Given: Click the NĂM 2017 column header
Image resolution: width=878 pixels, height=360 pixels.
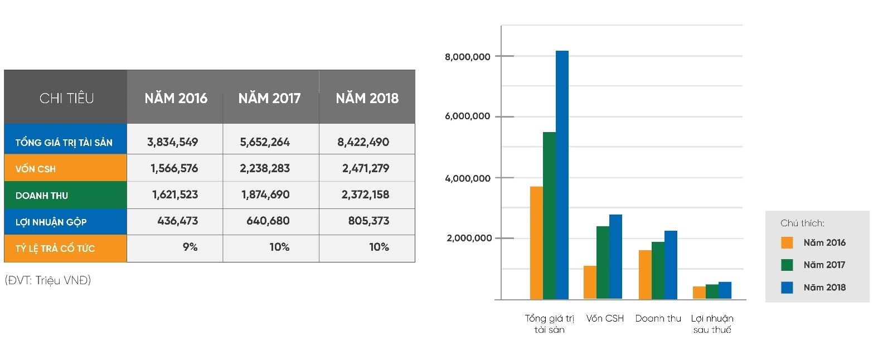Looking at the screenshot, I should [x=269, y=99].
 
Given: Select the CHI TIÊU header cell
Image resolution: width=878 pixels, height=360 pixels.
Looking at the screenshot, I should [x=66, y=99].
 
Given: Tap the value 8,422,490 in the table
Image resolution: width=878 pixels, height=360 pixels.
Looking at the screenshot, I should [x=363, y=142].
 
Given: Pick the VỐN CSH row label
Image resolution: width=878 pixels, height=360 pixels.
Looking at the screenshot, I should [x=36, y=169].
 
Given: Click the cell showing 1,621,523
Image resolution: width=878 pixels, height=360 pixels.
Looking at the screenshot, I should [x=174, y=194].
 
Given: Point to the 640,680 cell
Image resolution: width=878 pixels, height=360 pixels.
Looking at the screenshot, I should [x=268, y=221].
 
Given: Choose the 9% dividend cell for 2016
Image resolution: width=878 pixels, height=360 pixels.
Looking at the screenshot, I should [x=190, y=247].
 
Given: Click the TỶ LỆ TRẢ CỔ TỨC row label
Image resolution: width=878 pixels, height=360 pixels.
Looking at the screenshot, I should [x=55, y=249].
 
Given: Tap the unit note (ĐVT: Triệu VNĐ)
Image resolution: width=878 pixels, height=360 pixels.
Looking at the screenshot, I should [x=48, y=280].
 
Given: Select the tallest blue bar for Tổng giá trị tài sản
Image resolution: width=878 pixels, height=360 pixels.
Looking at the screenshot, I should [x=562, y=175].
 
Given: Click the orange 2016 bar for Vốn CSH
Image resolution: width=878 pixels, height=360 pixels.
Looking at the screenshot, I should [x=590, y=283].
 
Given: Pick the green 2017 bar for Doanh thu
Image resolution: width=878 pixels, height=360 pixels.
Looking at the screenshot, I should [x=658, y=271].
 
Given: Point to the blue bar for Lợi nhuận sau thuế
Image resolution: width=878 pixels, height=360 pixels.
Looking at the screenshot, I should [x=725, y=290].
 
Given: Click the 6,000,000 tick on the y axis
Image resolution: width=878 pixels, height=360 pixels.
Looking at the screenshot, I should [x=467, y=116].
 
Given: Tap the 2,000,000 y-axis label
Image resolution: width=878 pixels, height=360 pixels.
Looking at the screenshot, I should [x=469, y=239].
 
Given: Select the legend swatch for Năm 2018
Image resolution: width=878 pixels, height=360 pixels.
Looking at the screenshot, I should [x=787, y=288].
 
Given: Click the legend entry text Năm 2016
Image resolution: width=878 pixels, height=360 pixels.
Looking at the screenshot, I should [x=824, y=243].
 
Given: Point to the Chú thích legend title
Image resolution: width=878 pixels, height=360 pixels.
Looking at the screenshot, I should [x=802, y=223].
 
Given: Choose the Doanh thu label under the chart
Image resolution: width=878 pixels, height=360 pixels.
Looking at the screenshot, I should [x=658, y=319].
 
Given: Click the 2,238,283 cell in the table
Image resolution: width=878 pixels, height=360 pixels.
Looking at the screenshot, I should [x=265, y=168].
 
